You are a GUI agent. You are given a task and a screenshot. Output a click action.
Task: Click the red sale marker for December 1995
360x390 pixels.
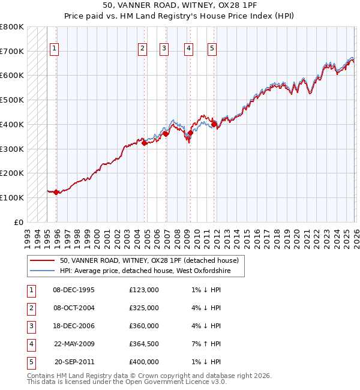click(x=56, y=192)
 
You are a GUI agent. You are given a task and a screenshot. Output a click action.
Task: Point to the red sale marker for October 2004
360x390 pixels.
click(x=144, y=143)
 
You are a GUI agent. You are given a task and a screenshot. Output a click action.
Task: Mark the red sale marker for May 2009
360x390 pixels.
click(x=190, y=133)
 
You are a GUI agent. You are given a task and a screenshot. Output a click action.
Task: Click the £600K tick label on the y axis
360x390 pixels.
click(x=12, y=76)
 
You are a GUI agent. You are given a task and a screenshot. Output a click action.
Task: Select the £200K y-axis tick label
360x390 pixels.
click(x=12, y=173)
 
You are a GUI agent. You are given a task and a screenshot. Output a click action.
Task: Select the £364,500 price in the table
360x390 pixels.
click(x=144, y=344)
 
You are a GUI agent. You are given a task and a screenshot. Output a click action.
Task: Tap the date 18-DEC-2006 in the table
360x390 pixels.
click(x=73, y=326)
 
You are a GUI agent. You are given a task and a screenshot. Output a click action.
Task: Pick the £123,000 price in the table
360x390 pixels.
click(x=144, y=290)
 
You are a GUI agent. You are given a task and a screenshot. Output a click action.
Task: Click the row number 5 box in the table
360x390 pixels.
click(x=31, y=362)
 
